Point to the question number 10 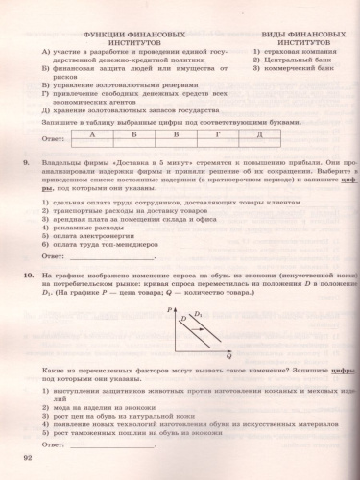tap(31, 275)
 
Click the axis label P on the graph tap(169, 311)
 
